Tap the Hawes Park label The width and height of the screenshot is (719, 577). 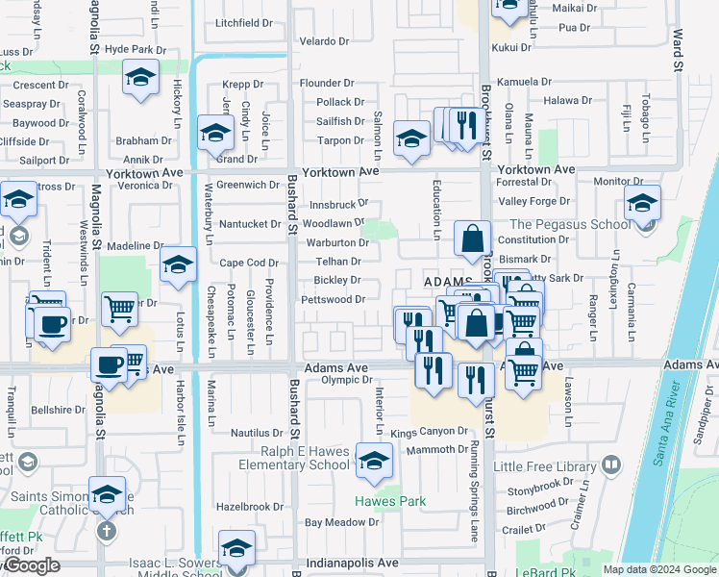coord(390,501)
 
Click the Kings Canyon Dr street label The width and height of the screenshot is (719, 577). coord(429,433)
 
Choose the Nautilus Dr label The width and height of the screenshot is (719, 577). coord(257,434)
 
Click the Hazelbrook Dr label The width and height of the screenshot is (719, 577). coord(250,506)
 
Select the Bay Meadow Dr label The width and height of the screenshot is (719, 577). coord(342,522)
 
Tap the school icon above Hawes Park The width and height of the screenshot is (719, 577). coord(374,461)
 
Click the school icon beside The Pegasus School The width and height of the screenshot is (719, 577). coord(642,203)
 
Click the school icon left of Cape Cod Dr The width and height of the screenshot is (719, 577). coord(179,264)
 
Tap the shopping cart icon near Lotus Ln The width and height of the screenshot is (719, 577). coord(119,309)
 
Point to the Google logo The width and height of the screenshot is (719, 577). coord(32,566)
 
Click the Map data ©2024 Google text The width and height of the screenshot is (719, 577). coord(659,569)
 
